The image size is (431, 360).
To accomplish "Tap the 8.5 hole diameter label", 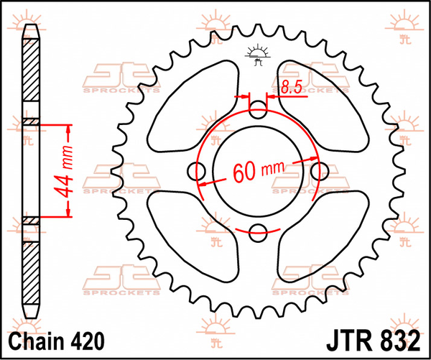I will [291, 89].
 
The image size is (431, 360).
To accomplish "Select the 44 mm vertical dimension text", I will [62, 171].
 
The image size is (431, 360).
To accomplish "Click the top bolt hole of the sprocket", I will [259, 109].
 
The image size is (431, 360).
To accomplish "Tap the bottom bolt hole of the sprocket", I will [259, 231].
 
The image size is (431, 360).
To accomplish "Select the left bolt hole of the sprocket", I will [198, 170].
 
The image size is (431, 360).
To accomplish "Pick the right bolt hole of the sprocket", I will [320, 170].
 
